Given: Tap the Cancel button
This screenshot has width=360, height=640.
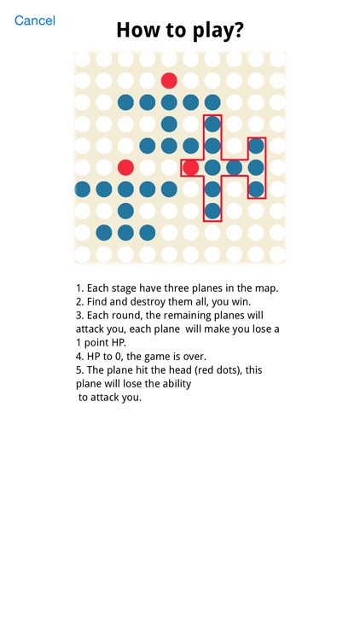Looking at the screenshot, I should [35, 20].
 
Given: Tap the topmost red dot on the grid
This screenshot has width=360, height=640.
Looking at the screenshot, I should [169, 80].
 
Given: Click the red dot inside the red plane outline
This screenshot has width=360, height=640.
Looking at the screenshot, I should [191, 167].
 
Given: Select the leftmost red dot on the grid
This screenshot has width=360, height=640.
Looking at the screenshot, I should [125, 167].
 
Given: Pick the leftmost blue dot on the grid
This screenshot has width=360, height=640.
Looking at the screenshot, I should [83, 189].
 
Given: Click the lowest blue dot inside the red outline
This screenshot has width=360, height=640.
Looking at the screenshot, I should [212, 210].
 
